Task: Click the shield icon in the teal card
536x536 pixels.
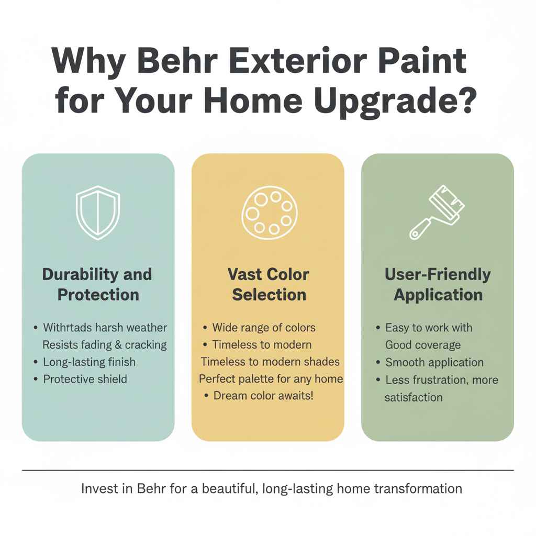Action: (98, 214)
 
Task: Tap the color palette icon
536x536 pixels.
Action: (267, 214)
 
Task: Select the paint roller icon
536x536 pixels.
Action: (437, 213)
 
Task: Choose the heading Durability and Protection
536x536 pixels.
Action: (98, 284)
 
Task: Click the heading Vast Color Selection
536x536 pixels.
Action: (268, 284)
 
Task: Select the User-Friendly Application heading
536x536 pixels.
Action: (438, 284)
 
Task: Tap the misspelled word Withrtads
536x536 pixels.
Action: (67, 328)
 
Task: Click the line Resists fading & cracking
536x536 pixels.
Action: (105, 344)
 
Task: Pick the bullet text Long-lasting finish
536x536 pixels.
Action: (90, 362)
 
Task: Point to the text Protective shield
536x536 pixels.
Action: (85, 378)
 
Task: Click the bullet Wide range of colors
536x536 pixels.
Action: (264, 328)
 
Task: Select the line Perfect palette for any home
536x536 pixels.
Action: (271, 378)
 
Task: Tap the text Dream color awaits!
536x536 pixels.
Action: (264, 395)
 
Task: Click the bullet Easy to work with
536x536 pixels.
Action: (429, 328)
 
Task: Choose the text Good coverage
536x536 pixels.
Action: (423, 345)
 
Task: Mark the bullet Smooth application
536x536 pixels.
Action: (434, 362)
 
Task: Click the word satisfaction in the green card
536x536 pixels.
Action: (414, 397)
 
